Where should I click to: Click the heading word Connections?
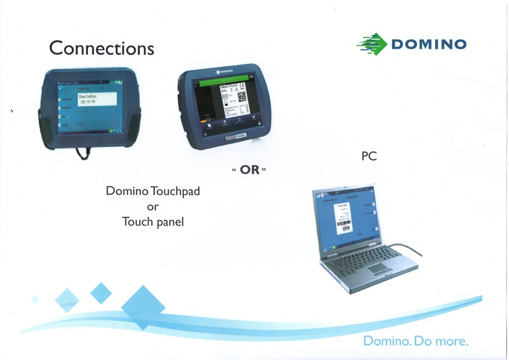click(101, 48)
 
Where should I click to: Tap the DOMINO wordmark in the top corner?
click(428, 44)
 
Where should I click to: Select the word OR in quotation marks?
click(250, 170)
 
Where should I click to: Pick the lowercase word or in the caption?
click(153, 207)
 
